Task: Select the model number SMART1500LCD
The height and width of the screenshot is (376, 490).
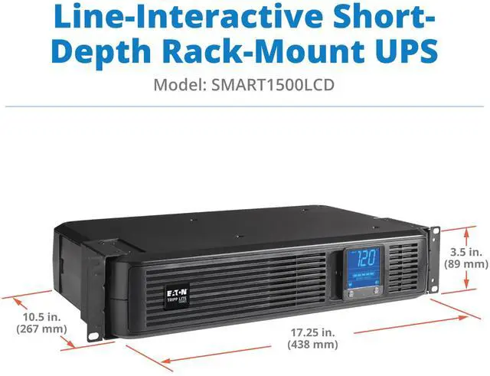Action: point(269,86)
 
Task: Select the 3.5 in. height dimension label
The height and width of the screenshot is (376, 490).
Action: point(466,251)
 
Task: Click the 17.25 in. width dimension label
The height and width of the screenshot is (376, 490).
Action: point(313,333)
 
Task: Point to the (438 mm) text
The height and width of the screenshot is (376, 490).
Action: point(313,345)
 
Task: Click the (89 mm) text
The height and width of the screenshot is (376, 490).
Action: point(465,264)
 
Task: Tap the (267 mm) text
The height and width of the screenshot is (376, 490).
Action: point(38,330)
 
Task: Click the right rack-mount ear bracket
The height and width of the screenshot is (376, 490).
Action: point(435,259)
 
